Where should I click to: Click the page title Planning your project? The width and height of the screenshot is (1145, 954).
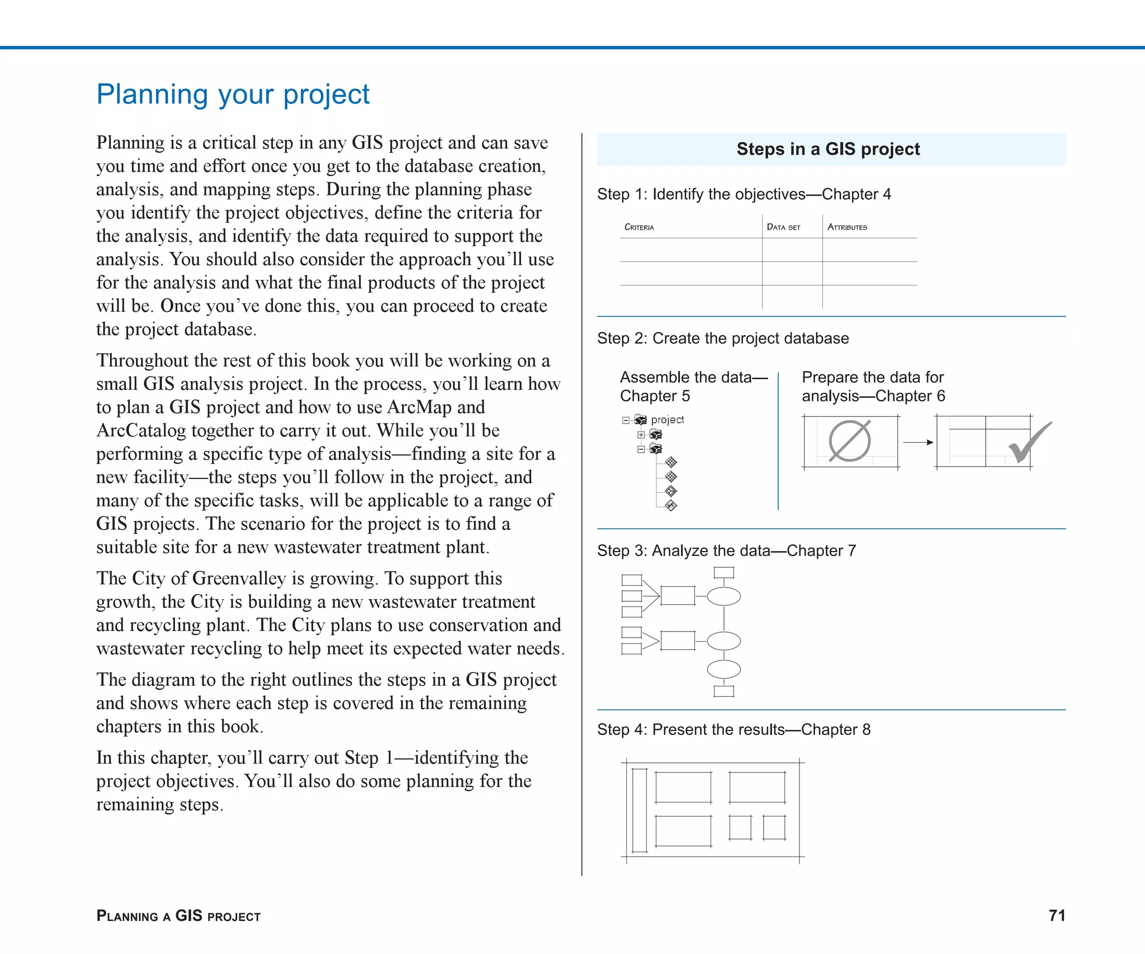pyautogui.click(x=233, y=94)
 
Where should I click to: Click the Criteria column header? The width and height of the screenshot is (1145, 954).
pyautogui.click(x=638, y=227)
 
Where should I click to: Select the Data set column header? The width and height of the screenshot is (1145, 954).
pyautogui.click(x=783, y=227)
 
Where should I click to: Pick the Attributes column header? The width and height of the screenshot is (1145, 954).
pyautogui.click(x=846, y=227)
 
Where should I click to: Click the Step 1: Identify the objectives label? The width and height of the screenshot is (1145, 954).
pyautogui.click(x=744, y=194)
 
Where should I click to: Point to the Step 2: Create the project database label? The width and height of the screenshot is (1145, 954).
pyautogui.click(x=722, y=338)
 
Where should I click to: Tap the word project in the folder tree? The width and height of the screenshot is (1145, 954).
pyautogui.click(x=667, y=419)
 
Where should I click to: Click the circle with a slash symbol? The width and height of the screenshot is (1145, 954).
pyautogui.click(x=849, y=441)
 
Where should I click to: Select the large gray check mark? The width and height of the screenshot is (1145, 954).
pyautogui.click(x=1029, y=443)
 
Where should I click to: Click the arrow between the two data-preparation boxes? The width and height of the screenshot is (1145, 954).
pyautogui.click(x=917, y=442)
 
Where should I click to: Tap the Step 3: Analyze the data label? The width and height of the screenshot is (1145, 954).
pyautogui.click(x=726, y=550)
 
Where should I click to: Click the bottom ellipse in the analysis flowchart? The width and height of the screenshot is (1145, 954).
pyautogui.click(x=723, y=669)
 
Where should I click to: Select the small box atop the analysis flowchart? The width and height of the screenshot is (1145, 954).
pyautogui.click(x=723, y=572)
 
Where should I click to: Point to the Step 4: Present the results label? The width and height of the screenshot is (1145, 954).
pyautogui.click(x=733, y=729)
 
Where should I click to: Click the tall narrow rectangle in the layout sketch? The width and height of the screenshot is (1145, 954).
pyautogui.click(x=639, y=810)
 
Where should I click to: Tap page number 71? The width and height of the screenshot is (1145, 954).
pyautogui.click(x=1057, y=915)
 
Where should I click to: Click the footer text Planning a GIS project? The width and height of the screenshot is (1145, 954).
pyautogui.click(x=178, y=915)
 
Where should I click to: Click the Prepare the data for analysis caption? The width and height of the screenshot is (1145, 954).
pyautogui.click(x=873, y=386)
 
